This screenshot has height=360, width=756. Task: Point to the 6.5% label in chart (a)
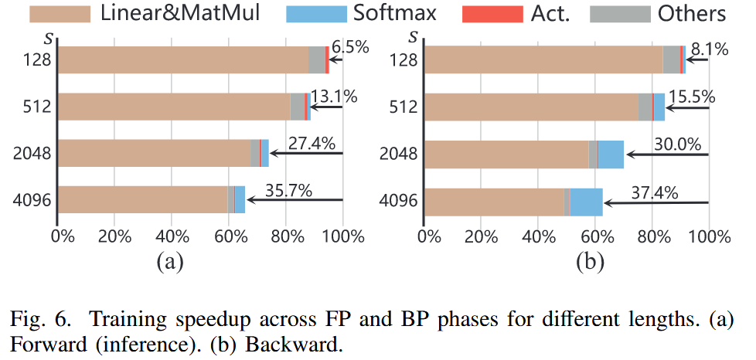tap(349, 48)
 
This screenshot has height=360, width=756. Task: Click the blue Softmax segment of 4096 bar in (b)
tap(586, 202)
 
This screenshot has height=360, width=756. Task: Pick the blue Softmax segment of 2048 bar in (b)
tap(611, 155)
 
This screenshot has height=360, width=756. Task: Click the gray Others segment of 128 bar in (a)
tap(317, 60)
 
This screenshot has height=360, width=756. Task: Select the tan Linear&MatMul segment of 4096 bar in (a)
tap(143, 199)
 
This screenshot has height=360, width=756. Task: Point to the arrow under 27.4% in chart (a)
tap(305, 154)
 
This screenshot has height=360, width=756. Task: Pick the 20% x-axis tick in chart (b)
tap(482, 233)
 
